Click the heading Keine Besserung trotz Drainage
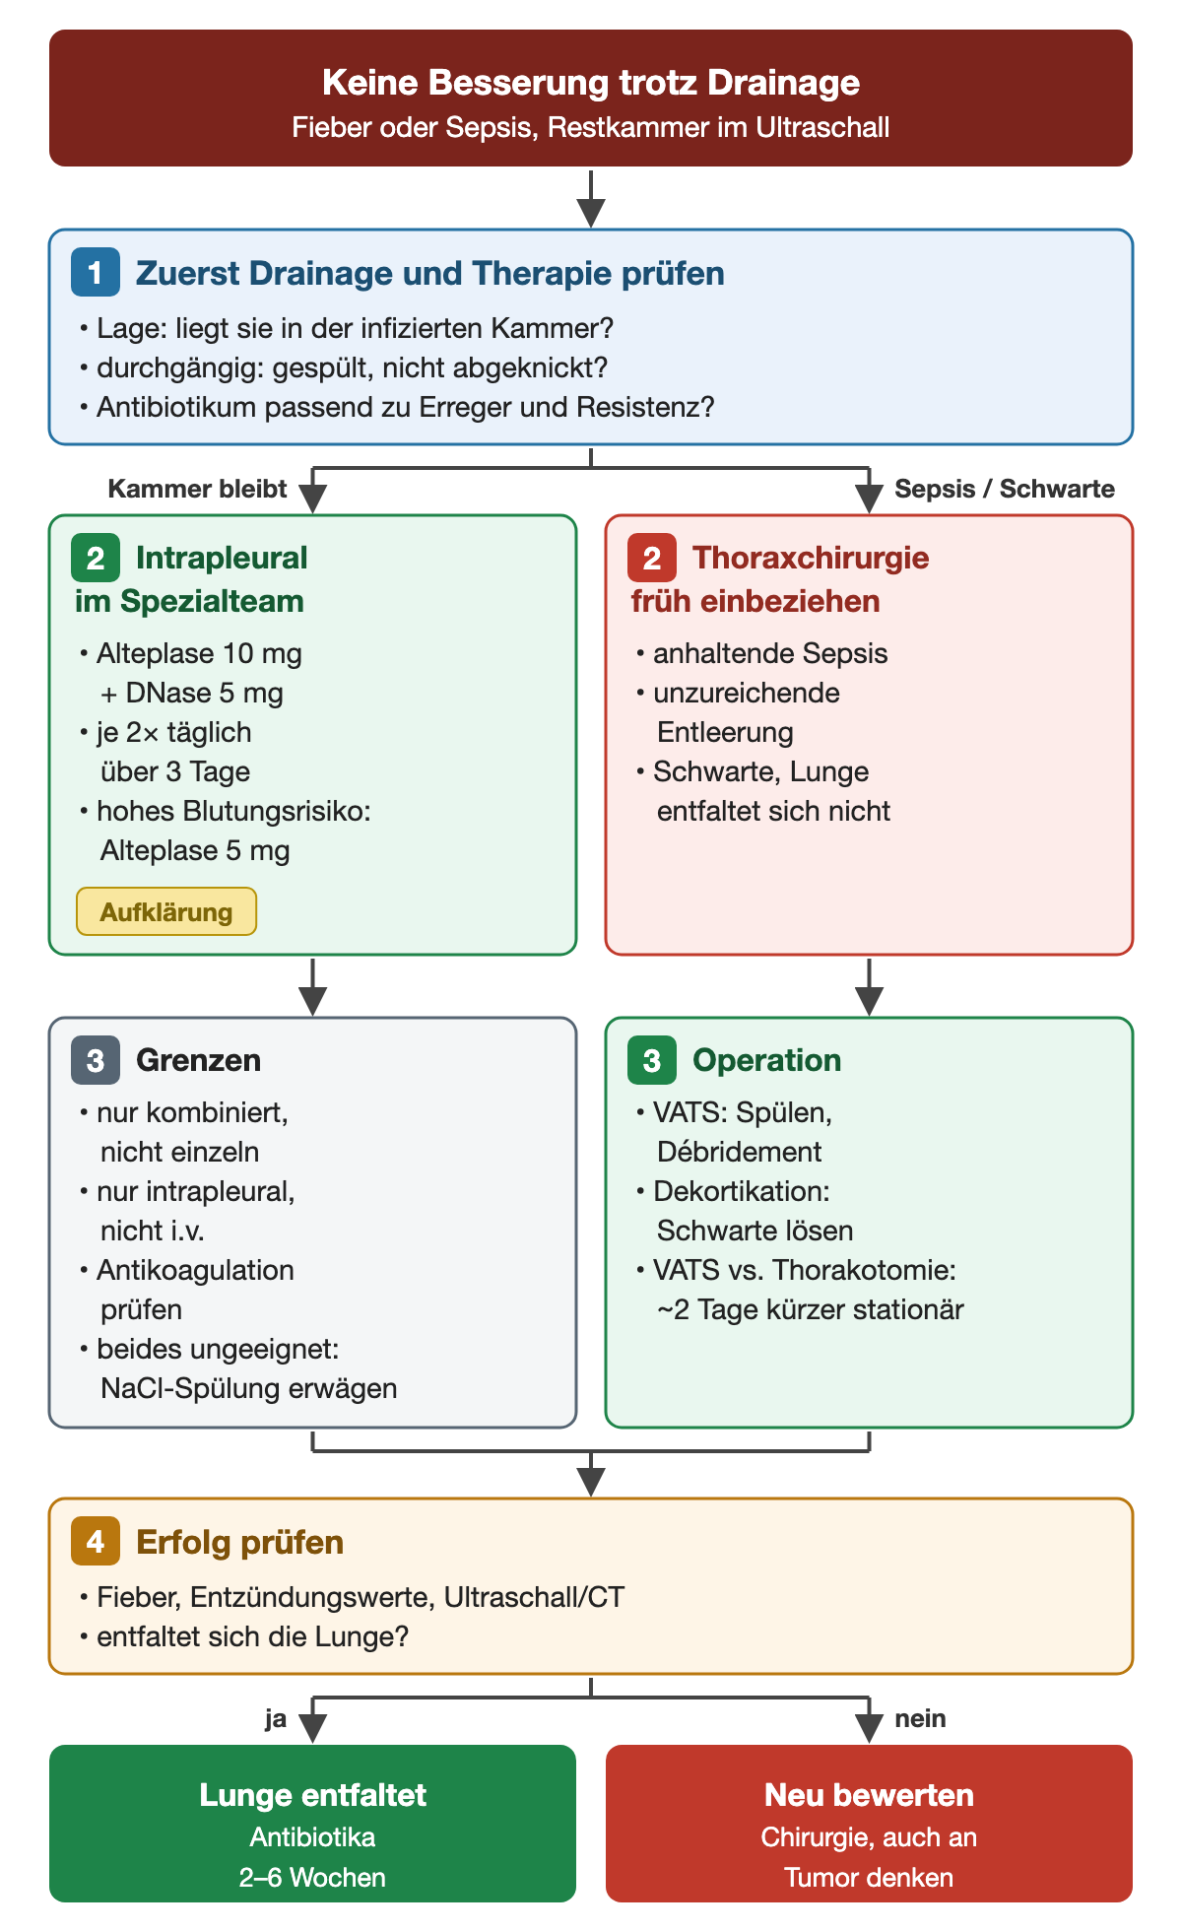tap(591, 83)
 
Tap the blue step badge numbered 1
tap(96, 273)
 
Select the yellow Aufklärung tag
tap(166, 911)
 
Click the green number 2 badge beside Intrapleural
tap(96, 558)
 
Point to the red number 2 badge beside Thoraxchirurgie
tap(652, 558)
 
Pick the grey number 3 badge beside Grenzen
tap(96, 1060)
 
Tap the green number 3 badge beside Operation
tap(652, 1060)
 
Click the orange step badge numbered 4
tap(96, 1542)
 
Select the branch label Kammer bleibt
tap(197, 490)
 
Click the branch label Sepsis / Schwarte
tap(1005, 490)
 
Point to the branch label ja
tap(276, 1719)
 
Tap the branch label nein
tap(920, 1719)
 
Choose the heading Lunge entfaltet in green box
tap(313, 1795)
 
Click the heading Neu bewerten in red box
tap(869, 1795)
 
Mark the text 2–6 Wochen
tap(313, 1878)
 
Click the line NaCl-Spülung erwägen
tap(249, 1388)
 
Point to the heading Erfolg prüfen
tap(240, 1543)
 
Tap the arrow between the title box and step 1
tap(591, 198)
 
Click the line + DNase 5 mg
tap(192, 694)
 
